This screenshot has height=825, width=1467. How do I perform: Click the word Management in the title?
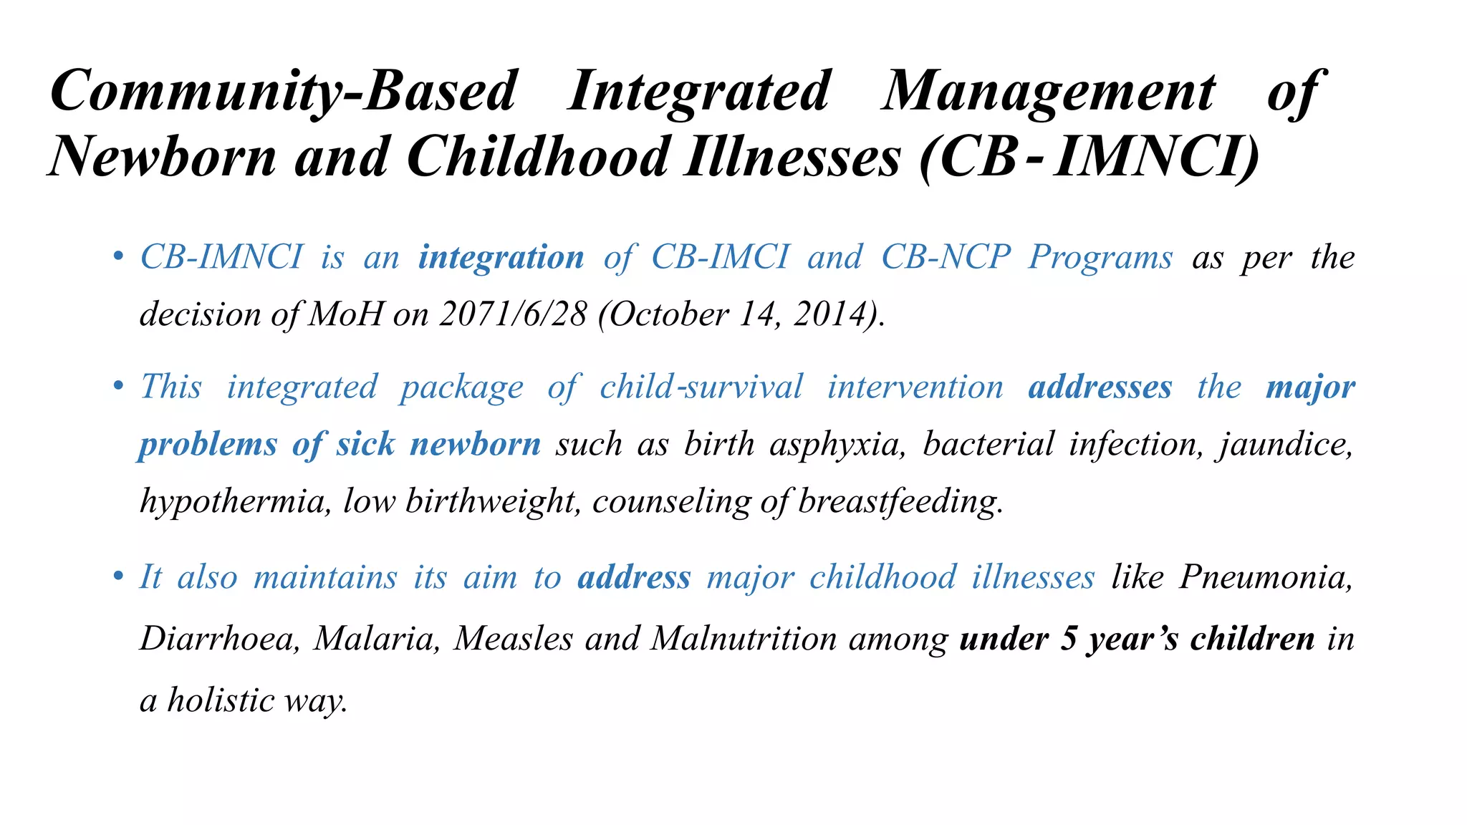click(x=1048, y=92)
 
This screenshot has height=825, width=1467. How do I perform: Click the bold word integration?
click(x=501, y=257)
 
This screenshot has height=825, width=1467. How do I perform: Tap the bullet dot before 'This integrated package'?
click(x=118, y=387)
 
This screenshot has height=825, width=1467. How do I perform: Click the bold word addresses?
click(x=1100, y=387)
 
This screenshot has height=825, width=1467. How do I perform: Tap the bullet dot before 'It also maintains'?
click(x=118, y=577)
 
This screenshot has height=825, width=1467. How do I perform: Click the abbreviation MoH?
click(x=346, y=314)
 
